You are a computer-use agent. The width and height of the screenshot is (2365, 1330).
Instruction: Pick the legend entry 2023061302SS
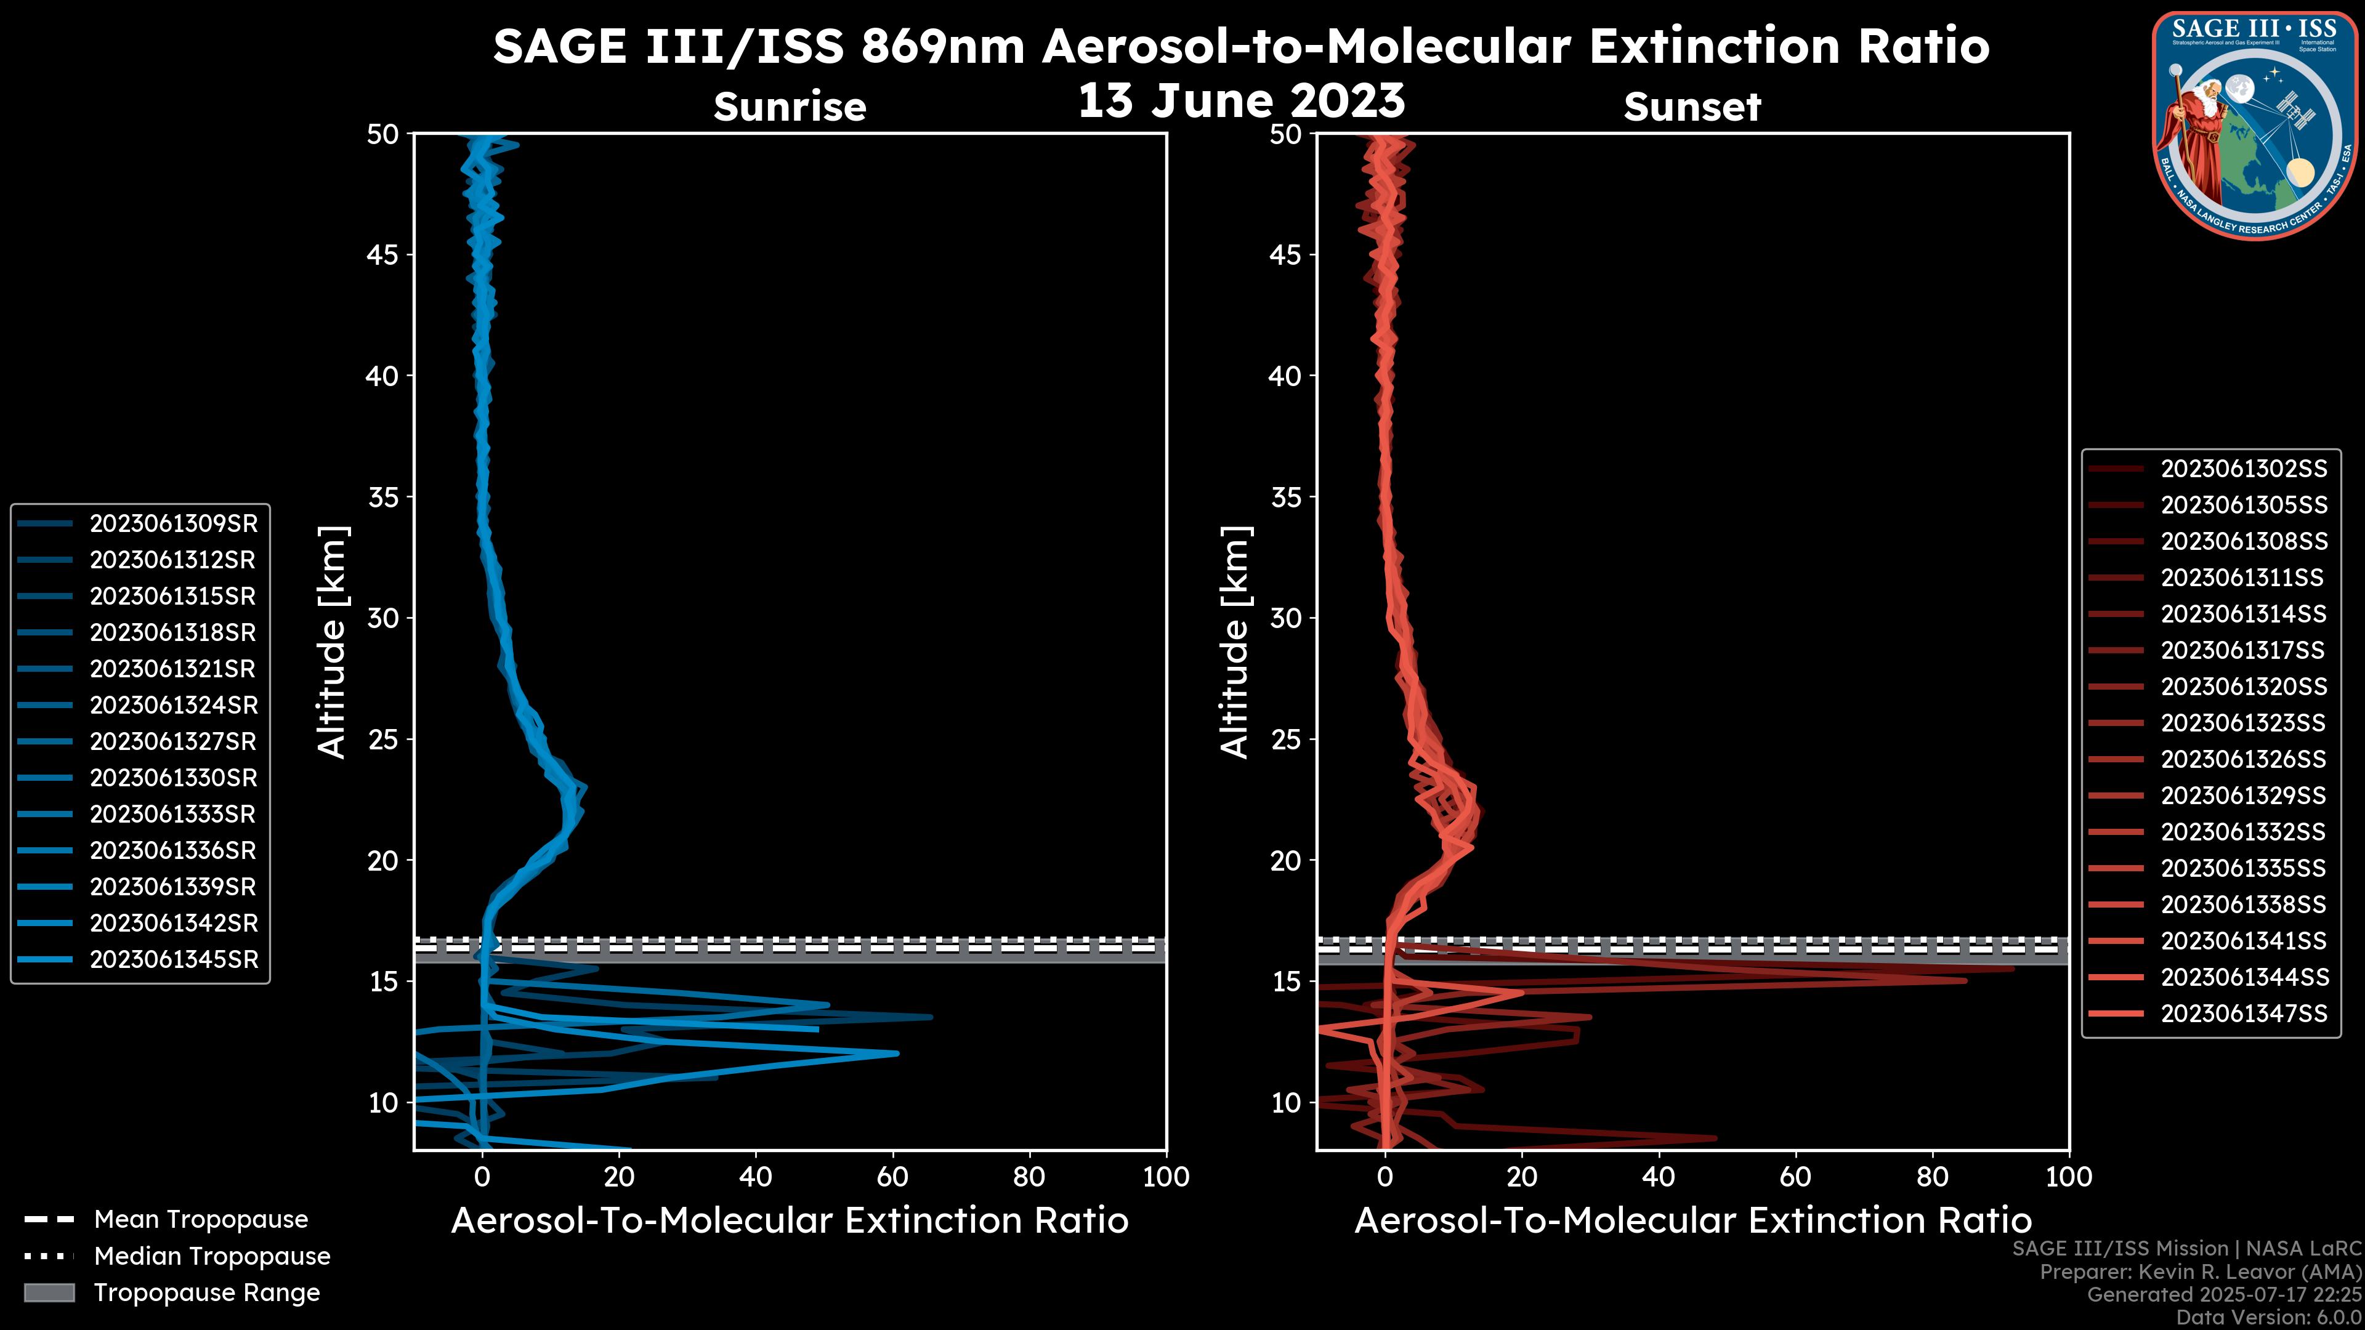(2244, 469)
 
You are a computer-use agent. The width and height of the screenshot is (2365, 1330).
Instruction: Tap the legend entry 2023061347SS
(2244, 1014)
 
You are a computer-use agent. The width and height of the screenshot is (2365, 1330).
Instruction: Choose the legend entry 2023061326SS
(2244, 760)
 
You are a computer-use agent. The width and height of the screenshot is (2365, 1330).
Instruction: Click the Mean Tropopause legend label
(201, 1220)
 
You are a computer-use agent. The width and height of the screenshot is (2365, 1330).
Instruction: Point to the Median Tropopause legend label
(212, 1257)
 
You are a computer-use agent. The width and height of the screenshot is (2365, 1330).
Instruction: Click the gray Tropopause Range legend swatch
(49, 1292)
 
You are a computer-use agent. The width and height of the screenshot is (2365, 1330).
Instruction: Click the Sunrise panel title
(790, 107)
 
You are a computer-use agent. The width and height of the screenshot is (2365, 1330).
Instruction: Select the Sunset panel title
(1692, 107)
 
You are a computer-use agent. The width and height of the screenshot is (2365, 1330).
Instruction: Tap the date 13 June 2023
(1241, 101)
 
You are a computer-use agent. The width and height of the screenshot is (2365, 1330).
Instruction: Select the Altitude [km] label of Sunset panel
(1235, 642)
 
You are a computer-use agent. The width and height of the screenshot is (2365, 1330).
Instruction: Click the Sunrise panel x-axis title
(790, 1221)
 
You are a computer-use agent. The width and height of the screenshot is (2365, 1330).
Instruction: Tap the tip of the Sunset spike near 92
(2013, 969)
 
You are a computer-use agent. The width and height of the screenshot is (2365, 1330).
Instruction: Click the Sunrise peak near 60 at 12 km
(897, 1054)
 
